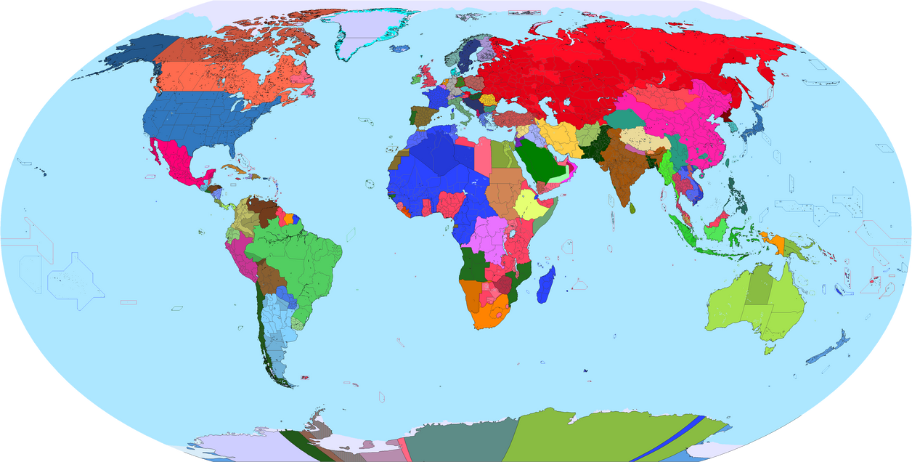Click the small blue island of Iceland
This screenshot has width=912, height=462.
(x=399, y=49)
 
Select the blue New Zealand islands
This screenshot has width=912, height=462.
(x=828, y=349)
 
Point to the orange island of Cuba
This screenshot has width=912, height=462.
(x=232, y=169)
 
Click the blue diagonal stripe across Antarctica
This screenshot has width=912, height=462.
(x=664, y=439)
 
